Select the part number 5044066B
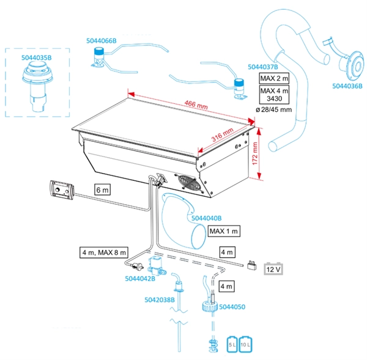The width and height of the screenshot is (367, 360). (x=100, y=41)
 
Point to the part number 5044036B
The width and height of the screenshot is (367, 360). (x=347, y=87)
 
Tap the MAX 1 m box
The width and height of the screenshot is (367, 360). (x=224, y=232)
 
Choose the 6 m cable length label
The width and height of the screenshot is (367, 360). (x=103, y=191)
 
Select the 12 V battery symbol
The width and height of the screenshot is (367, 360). (x=272, y=268)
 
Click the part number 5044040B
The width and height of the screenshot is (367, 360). (x=206, y=218)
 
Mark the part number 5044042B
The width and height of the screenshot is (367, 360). (x=140, y=279)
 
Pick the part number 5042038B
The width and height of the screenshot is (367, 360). (x=160, y=300)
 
